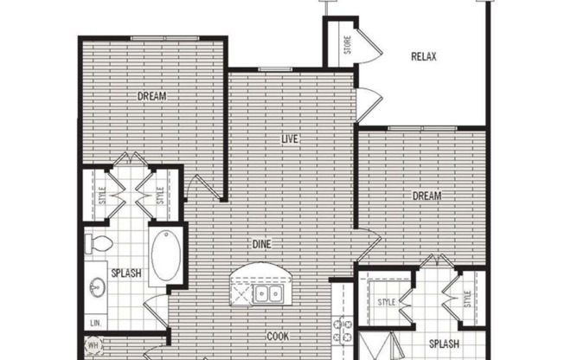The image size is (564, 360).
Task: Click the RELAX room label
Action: pos(423,57)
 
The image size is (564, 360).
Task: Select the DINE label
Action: pos(262,245)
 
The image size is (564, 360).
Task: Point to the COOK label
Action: pos(277,337)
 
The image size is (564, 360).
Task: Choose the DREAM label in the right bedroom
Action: pos(426,196)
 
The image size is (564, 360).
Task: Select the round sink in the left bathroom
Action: pos(97,287)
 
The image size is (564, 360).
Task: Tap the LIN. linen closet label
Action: pos(94,323)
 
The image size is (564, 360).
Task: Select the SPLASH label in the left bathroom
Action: pos(126,274)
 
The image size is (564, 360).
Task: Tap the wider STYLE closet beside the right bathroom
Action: pos(387,301)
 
